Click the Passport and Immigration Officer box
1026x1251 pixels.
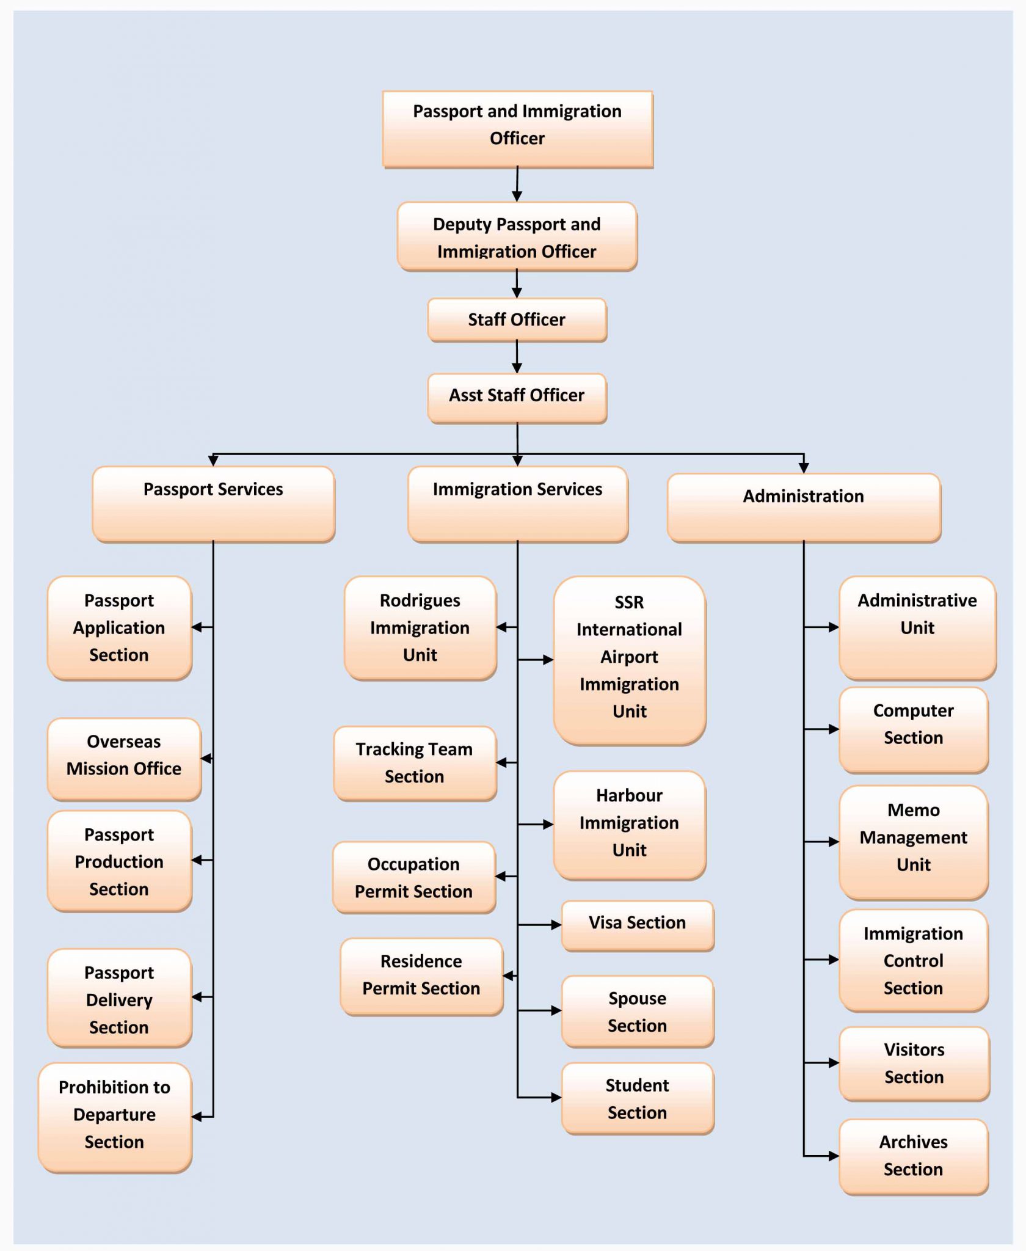(517, 129)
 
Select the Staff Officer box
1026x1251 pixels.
(517, 319)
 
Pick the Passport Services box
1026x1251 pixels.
(213, 504)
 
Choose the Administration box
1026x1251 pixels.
(804, 508)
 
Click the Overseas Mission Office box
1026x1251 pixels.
(124, 759)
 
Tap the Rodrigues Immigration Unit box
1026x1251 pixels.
(420, 628)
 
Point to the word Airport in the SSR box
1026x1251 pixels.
(629, 657)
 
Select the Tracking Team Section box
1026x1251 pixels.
(415, 763)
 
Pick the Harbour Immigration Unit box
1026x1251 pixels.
(630, 825)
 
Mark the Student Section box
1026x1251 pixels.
(637, 1098)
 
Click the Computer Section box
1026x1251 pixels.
(914, 729)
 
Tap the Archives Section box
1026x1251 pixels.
(914, 1156)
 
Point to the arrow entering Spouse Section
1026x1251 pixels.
(556, 1010)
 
